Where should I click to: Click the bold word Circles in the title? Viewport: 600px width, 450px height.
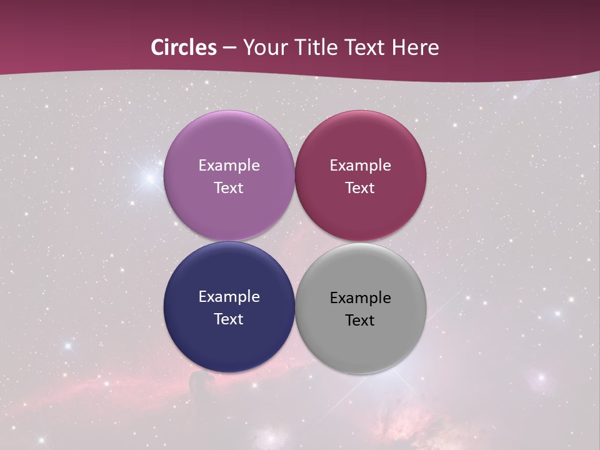pos(184,47)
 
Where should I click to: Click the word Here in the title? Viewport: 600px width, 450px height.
pos(415,47)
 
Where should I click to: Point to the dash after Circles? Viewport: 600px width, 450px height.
pos(229,48)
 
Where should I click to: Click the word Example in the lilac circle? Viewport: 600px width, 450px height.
pos(229,166)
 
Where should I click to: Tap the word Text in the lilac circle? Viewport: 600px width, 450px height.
pos(229,188)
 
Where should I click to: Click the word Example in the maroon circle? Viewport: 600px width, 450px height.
pos(360,166)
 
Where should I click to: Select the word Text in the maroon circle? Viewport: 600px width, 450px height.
pos(360,188)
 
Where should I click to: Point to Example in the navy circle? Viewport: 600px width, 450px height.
pos(229,297)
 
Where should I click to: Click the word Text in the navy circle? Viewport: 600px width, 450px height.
pos(229,319)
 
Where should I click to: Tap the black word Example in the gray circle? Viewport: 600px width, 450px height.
pos(360,298)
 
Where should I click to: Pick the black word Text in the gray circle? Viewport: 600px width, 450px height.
pos(360,321)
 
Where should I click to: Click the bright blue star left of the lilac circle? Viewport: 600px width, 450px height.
pos(149,179)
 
